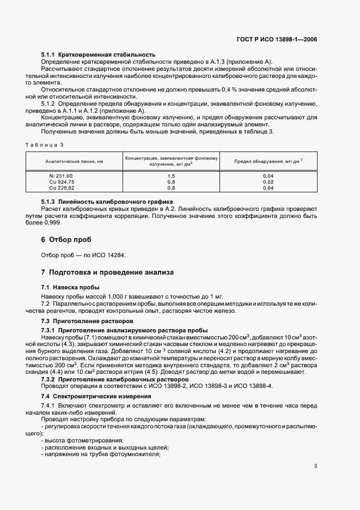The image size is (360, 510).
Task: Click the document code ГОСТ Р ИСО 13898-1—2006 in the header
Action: pyautogui.click(x=281, y=40)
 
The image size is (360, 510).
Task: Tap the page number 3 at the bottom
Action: pyautogui.click(x=316, y=466)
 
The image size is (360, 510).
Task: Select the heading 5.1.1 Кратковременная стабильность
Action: pyautogui.click(x=99, y=54)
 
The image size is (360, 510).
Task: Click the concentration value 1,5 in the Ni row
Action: pyautogui.click(x=171, y=175)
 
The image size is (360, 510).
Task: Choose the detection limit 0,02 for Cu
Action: pyautogui.click(x=269, y=181)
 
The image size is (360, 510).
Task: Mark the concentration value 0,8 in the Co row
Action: pyautogui.click(x=171, y=187)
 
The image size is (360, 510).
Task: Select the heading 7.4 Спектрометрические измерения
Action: pyautogui.click(x=94, y=396)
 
